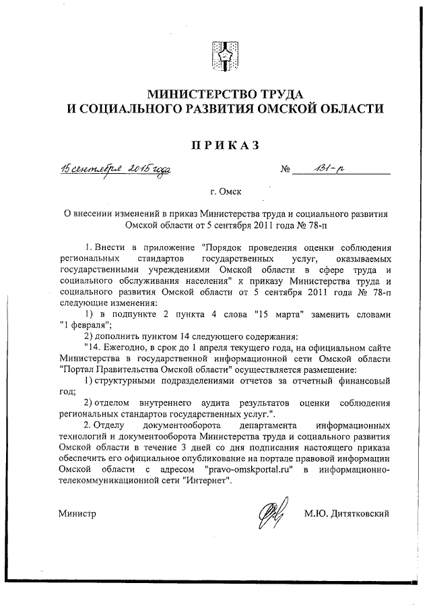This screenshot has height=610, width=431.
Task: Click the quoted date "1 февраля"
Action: coord(85,326)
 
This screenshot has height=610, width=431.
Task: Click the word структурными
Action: coord(131,381)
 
